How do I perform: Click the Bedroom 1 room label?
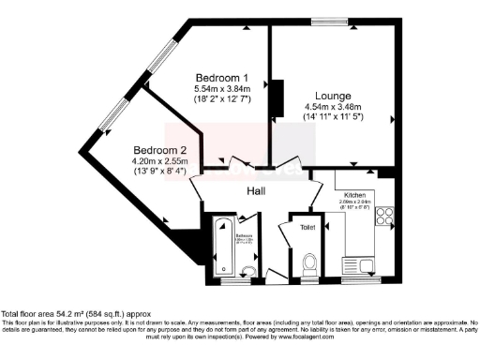pyautogui.click(x=221, y=76)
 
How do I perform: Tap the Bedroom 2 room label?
pyautogui.click(x=159, y=150)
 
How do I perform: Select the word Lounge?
pyautogui.click(x=333, y=96)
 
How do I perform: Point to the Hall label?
pyautogui.click(x=255, y=190)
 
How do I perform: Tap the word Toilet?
pyautogui.click(x=308, y=227)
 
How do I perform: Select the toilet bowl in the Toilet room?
pyautogui.click(x=310, y=262)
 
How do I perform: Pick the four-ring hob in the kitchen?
pyautogui.click(x=384, y=216)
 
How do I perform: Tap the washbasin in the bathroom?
pyautogui.click(x=247, y=269)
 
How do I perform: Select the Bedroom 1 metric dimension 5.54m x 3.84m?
pyautogui.click(x=221, y=87)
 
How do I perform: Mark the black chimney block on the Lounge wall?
pyautogui.click(x=277, y=97)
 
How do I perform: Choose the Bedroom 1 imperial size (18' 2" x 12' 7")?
pyautogui.click(x=221, y=97)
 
